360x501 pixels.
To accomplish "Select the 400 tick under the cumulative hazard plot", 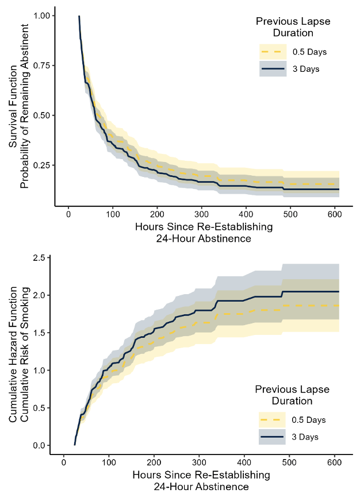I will coord(244,463).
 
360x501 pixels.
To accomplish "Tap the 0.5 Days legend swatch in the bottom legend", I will coord(272,420).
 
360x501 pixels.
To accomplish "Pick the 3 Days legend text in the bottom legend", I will coord(305,437).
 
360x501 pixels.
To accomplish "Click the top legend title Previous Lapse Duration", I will coord(292,26).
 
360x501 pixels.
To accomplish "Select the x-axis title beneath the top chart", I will coord(204,233).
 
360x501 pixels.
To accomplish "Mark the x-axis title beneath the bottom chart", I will coord(201,481).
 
